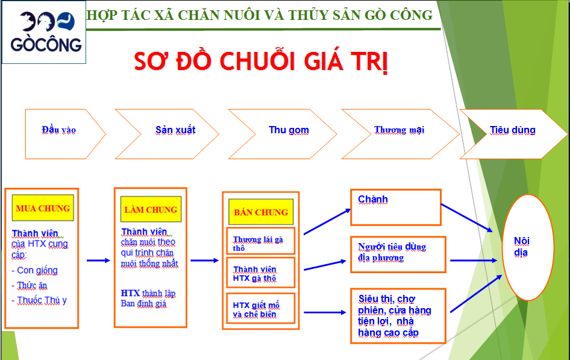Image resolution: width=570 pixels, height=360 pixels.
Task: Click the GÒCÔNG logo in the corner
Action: pyautogui.click(x=43, y=33)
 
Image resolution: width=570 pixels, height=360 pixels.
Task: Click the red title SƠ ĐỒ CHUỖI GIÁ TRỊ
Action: pyautogui.click(x=260, y=62)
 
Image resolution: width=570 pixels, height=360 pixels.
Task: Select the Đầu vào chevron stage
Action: pyautogui.click(x=59, y=130)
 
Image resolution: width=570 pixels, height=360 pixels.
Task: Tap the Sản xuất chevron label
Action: pyautogui.click(x=175, y=130)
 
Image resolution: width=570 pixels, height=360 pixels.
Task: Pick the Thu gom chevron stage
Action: pyautogui.click(x=289, y=130)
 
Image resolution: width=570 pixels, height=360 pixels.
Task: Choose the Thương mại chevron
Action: pyautogui.click(x=399, y=130)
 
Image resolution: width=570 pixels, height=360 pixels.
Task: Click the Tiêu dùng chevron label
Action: pyautogui.click(x=512, y=130)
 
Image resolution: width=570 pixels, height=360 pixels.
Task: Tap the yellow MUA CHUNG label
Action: pyautogui.click(x=43, y=209)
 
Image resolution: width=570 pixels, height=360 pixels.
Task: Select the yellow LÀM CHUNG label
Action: pyautogui.click(x=151, y=210)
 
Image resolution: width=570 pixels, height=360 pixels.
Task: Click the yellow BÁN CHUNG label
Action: pyautogui.click(x=261, y=212)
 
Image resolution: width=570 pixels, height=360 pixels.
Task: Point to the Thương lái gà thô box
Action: pyautogui.click(x=260, y=242)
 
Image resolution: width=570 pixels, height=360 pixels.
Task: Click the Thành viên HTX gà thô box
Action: pyautogui.click(x=260, y=273)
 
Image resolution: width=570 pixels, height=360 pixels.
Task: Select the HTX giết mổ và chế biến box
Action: pyautogui.click(x=260, y=309)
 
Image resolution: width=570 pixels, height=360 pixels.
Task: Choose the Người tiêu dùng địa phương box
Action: pyautogui.click(x=398, y=253)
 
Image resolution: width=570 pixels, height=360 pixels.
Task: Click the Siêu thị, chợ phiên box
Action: pyautogui.click(x=398, y=315)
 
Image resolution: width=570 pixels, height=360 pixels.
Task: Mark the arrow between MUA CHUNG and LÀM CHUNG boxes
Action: pyautogui.click(x=98, y=261)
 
